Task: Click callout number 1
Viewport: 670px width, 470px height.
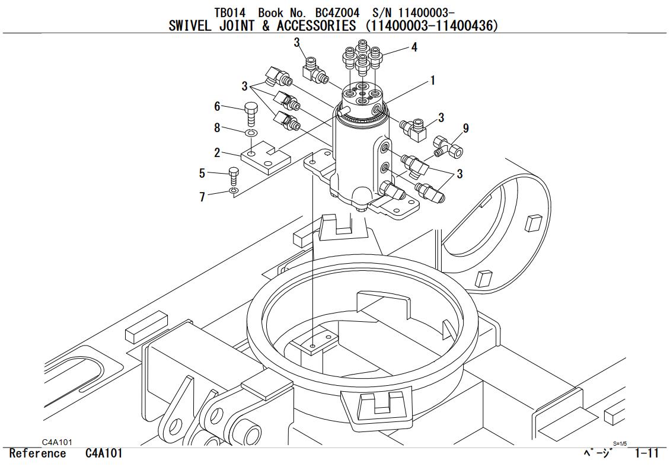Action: pos(433,80)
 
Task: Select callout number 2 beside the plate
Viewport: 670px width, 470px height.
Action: pos(218,153)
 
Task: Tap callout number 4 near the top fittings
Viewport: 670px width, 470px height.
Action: pos(414,47)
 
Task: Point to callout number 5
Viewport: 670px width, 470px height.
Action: pos(202,173)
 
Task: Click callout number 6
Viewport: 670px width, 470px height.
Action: pos(218,107)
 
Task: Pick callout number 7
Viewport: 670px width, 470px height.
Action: pos(202,197)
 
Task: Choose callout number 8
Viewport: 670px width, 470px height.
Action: pos(218,127)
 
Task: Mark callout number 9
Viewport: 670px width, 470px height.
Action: pos(465,128)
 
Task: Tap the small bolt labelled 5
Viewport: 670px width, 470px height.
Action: pos(234,176)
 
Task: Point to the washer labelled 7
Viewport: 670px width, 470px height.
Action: pos(234,191)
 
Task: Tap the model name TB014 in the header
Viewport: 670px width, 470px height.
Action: pos(229,12)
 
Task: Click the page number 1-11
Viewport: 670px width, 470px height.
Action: pos(647,453)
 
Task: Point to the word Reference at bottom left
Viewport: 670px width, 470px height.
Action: pos(38,453)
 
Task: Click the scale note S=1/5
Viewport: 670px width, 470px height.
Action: pos(620,443)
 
